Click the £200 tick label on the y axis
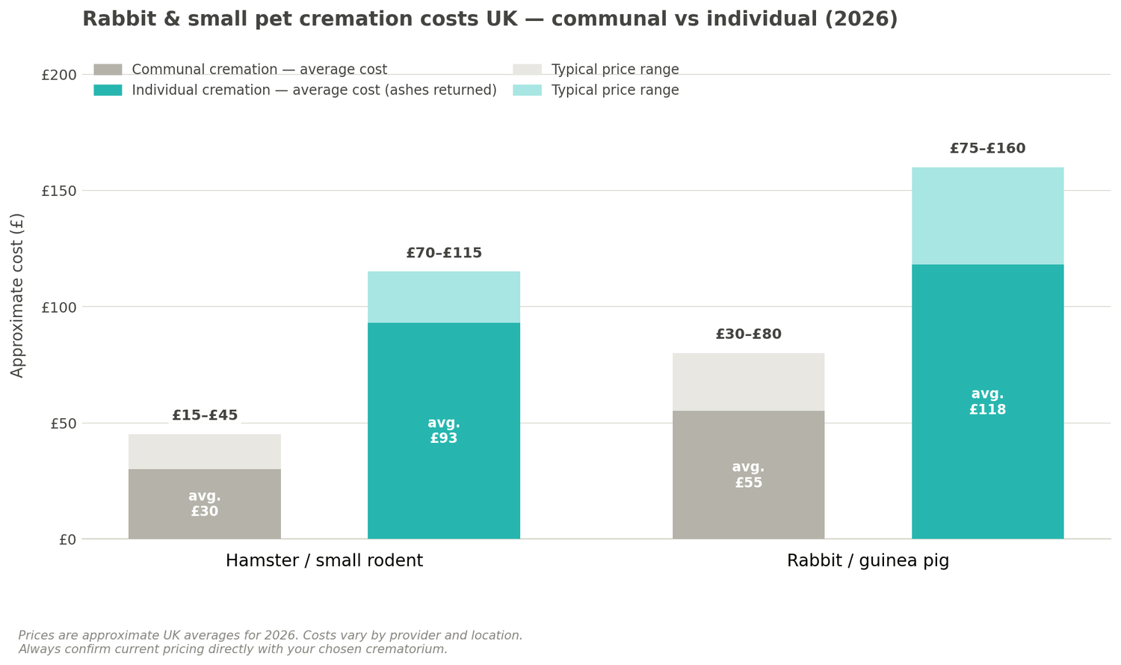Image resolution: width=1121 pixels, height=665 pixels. click(x=58, y=75)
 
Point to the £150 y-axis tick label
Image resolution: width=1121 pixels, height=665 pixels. click(x=58, y=191)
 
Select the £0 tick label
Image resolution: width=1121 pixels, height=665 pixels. click(x=67, y=539)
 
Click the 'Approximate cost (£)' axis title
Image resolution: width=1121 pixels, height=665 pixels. click(x=17, y=295)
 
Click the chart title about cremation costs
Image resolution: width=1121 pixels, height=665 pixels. click(x=490, y=19)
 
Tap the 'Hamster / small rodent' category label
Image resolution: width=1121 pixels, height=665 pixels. click(x=324, y=561)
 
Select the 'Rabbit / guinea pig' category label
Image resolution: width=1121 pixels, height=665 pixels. click(x=868, y=561)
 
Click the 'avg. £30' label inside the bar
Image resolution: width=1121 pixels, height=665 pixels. click(x=204, y=504)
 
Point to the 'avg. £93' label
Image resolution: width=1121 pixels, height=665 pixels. click(x=443, y=431)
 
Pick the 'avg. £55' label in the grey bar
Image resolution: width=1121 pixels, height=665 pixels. click(x=748, y=475)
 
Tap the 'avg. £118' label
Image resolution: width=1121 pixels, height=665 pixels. click(x=987, y=402)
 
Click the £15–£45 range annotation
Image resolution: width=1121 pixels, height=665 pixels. click(x=205, y=416)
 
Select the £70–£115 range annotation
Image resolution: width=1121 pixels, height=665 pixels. click(x=444, y=254)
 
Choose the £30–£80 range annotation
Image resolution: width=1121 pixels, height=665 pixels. click(x=748, y=334)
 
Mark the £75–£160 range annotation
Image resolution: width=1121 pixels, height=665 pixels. click(x=987, y=149)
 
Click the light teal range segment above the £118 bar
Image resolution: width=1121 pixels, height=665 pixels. click(x=987, y=215)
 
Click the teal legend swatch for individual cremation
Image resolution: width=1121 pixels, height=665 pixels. click(x=108, y=91)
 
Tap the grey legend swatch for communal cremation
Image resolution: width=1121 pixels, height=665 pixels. click(x=108, y=70)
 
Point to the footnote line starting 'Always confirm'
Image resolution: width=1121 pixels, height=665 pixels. click(x=233, y=649)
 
